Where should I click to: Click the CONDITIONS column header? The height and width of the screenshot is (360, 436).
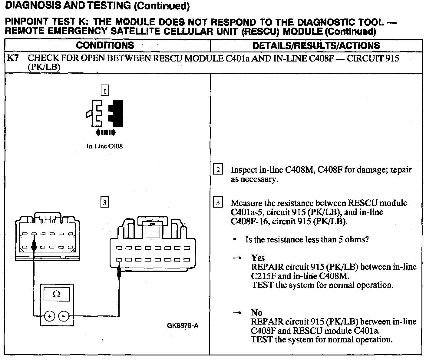(105, 45)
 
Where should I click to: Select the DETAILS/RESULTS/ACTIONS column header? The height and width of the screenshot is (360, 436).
(316, 45)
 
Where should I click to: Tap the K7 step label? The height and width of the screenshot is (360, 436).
(13, 58)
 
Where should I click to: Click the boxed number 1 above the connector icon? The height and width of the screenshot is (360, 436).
(105, 91)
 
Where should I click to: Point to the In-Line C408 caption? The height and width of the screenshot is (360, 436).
(105, 146)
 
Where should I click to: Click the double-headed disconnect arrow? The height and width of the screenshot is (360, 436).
(105, 132)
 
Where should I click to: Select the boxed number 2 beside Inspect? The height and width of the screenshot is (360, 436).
(218, 169)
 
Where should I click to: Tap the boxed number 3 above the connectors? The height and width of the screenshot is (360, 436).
(104, 202)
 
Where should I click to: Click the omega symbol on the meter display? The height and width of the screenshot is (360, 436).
(57, 294)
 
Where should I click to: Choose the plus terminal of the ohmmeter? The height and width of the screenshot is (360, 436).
(49, 316)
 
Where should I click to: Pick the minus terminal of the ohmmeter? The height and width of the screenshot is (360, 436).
(64, 316)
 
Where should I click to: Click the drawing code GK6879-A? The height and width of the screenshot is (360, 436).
(183, 326)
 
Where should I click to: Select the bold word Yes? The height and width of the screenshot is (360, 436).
(258, 258)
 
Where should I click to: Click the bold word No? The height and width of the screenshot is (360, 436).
(256, 312)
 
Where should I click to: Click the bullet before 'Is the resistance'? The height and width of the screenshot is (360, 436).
(235, 240)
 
